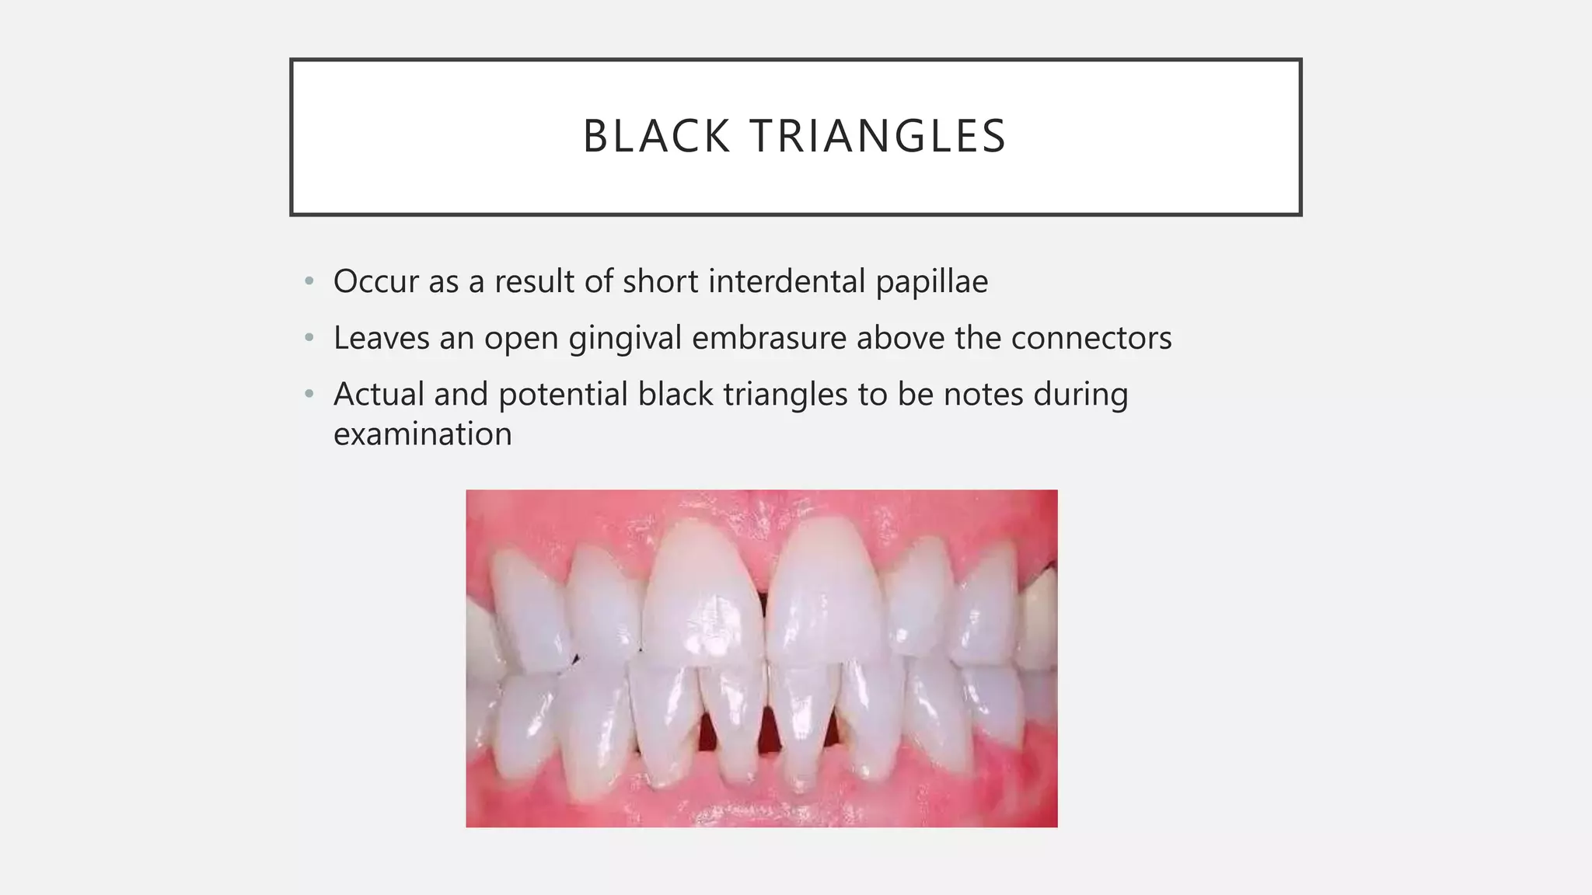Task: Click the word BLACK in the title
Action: click(655, 137)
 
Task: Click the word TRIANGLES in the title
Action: click(878, 137)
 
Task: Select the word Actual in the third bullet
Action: click(379, 395)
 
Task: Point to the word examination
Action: click(422, 434)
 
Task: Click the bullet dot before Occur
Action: click(309, 281)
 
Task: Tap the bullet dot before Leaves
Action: click(309, 338)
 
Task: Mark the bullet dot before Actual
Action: click(309, 395)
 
